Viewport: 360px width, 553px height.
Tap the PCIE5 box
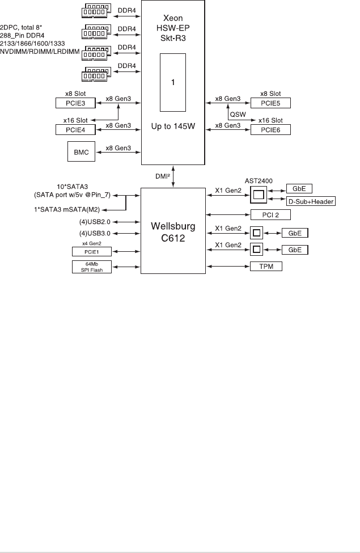point(270,103)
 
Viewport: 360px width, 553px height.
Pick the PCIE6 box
point(270,130)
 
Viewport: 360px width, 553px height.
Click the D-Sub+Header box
point(311,201)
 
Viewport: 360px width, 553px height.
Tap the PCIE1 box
point(92,251)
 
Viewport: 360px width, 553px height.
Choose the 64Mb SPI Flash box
point(92,267)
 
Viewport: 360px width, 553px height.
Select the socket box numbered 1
point(172,83)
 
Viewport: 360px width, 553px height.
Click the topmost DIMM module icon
point(97,9)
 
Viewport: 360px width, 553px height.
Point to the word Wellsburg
point(172,227)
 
